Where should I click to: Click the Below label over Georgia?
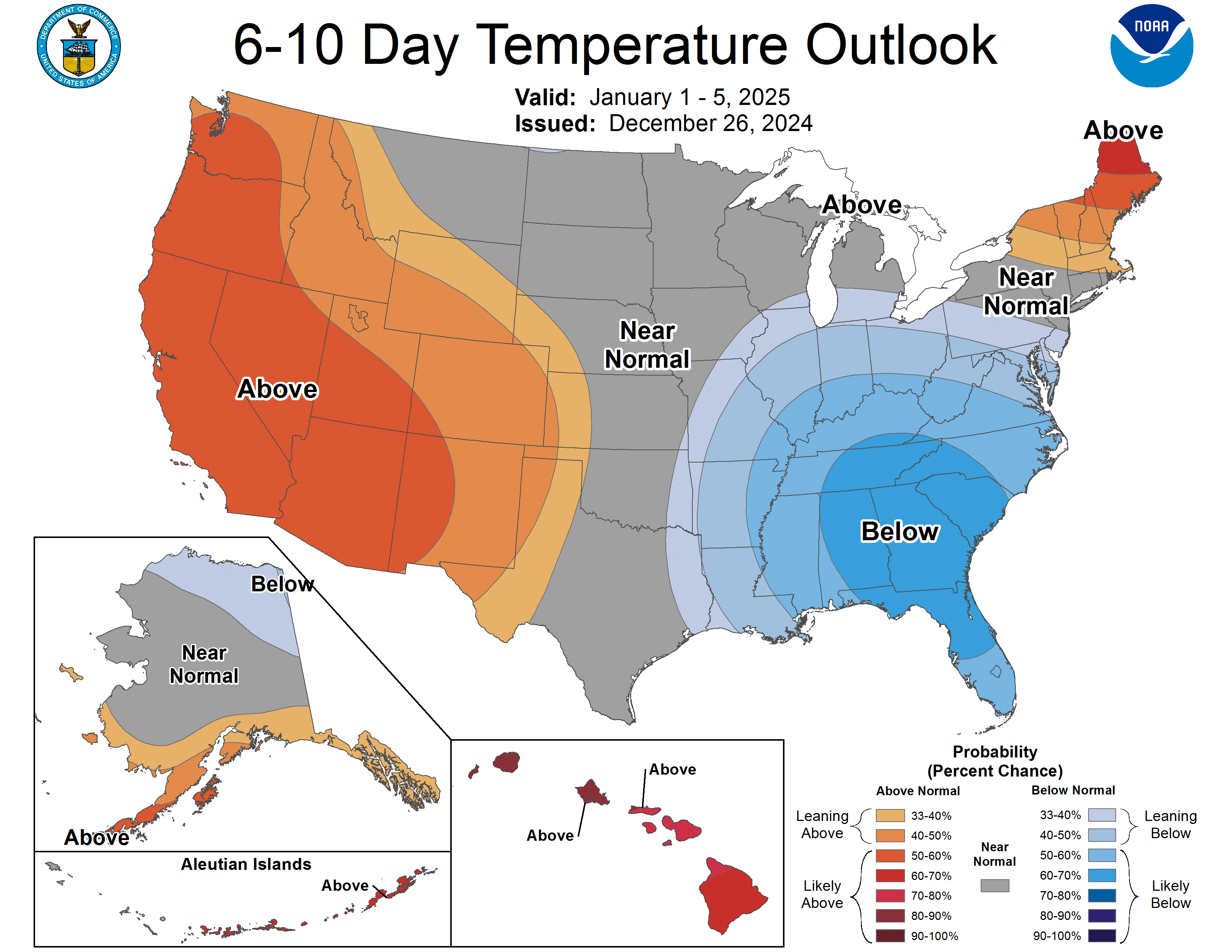900,531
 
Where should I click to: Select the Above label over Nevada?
277,389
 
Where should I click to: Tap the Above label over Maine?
1123,131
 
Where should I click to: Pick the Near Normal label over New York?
1026,292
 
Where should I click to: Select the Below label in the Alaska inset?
282,584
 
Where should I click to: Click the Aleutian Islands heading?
246,864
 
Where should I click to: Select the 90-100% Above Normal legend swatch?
890,936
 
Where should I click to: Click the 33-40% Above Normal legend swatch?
890,815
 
